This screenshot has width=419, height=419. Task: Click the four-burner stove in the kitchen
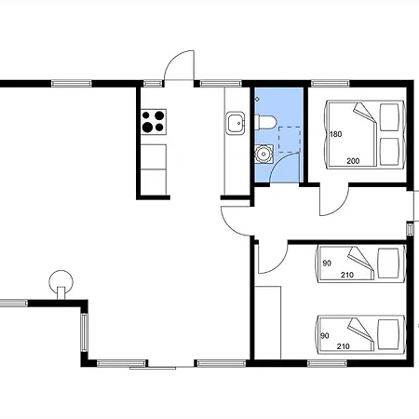point(154,122)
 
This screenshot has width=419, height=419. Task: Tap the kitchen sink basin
point(236,123)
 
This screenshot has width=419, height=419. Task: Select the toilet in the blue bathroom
point(265,122)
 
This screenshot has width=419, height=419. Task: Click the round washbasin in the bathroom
point(264,154)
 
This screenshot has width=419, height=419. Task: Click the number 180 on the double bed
point(336,134)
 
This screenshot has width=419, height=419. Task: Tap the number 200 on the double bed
point(353,161)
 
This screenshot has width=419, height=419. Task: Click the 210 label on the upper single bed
point(347,275)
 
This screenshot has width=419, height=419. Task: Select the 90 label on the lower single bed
point(325,335)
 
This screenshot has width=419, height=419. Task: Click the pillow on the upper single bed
point(388,264)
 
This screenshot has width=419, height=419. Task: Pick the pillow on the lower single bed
point(388,334)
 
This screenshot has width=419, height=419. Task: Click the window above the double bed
point(331,83)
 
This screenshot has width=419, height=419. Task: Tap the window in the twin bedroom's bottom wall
point(327,363)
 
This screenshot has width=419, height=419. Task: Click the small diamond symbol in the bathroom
point(257,100)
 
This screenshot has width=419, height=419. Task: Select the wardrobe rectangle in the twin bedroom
point(267,323)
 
